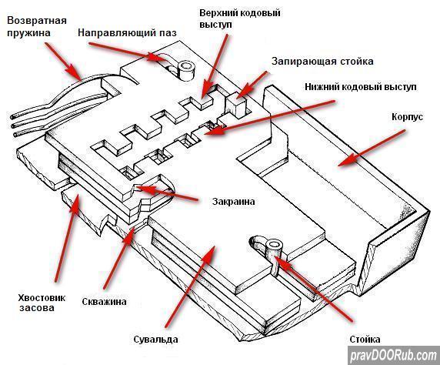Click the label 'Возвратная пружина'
coord(37,27)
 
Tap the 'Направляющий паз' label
coord(127,32)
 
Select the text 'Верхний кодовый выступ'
coord(240,18)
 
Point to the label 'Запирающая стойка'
coord(322,62)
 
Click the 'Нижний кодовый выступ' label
coord(361,87)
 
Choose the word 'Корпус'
coord(407,116)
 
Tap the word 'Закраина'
coord(234,202)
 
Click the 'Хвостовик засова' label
coord(42,303)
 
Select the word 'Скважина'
coord(104,302)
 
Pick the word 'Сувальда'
coord(155,339)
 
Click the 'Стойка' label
coord(365,339)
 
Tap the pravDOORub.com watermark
coord(394,356)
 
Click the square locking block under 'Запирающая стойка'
coord(237,105)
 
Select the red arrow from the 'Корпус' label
coord(372,148)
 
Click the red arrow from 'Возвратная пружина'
coord(63,62)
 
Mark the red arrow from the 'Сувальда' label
coord(190,286)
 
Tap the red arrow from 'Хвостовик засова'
coord(68,237)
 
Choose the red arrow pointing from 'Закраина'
coord(167,193)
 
